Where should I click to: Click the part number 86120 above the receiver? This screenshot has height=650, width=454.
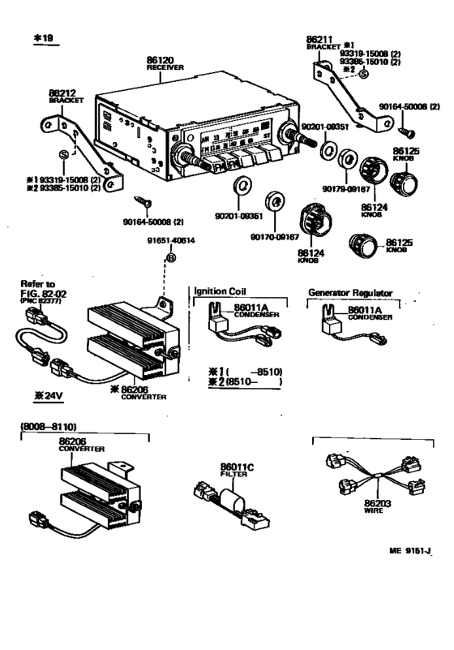[161, 60]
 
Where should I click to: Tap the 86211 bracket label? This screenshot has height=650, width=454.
[319, 38]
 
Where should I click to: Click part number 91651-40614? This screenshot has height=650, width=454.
[171, 241]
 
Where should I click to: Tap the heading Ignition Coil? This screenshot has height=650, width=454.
[220, 290]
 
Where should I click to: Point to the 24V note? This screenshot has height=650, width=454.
[48, 398]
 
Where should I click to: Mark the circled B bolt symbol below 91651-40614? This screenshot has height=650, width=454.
[171, 257]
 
